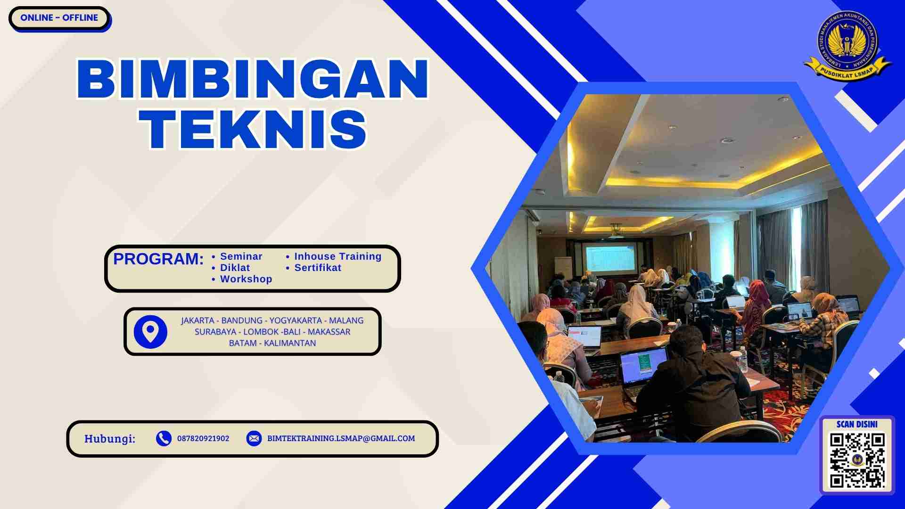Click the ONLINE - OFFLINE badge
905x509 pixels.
[x=59, y=18]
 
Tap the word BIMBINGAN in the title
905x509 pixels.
[x=253, y=79]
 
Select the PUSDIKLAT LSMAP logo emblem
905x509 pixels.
[x=847, y=46]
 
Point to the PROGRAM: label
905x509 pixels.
[x=158, y=259]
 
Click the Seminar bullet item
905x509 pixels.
[x=241, y=256]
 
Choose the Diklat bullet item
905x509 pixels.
[x=235, y=268]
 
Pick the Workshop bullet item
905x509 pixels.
[x=246, y=279]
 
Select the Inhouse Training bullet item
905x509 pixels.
[x=337, y=256]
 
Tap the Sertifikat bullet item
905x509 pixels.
[x=317, y=268]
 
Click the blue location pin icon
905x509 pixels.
[x=150, y=332]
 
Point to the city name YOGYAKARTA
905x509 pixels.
[x=296, y=320]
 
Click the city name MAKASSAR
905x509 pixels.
[x=329, y=332]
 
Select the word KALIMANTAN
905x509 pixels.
[x=290, y=343]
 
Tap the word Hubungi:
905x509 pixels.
[x=110, y=439]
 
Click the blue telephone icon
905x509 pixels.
[x=164, y=438]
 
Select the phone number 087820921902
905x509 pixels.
[x=203, y=438]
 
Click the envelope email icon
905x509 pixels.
[x=254, y=438]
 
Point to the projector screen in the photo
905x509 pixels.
[x=611, y=258]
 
